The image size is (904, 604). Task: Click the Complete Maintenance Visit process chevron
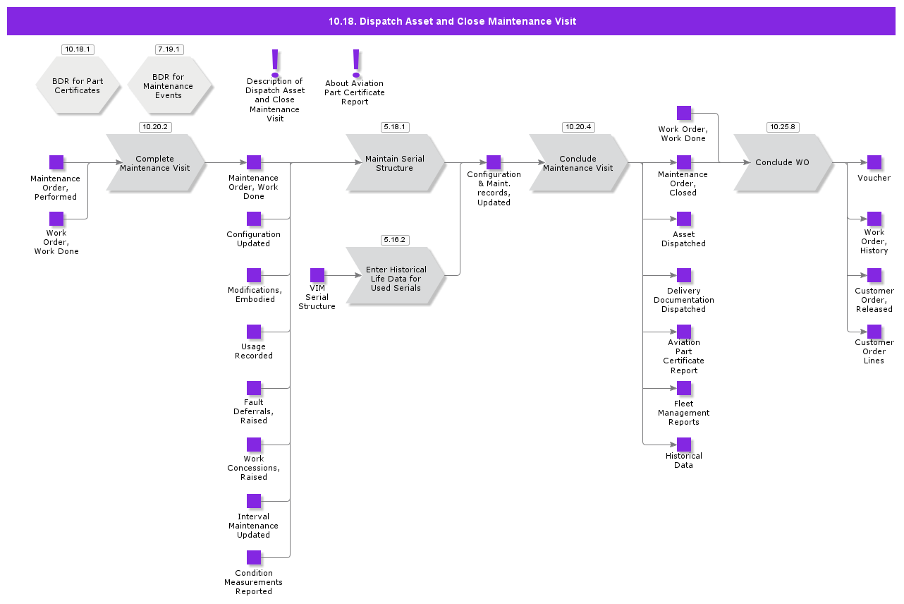[x=155, y=163]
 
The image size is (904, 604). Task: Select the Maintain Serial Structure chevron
[x=395, y=163]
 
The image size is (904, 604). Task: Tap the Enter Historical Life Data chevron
[x=395, y=275]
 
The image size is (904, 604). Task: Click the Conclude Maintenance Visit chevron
[x=578, y=163]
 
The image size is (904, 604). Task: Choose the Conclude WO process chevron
[x=783, y=163]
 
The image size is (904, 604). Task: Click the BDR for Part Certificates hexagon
[x=77, y=86]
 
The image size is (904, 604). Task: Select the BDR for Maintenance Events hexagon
[x=169, y=86]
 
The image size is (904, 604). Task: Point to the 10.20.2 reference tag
[x=155, y=127]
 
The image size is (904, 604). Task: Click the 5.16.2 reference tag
[x=395, y=240]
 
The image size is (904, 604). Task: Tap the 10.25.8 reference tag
[x=783, y=127]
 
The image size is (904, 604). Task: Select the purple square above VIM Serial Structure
[x=317, y=275]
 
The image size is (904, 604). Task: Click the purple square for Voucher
[x=874, y=162]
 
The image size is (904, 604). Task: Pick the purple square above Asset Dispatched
[x=684, y=219]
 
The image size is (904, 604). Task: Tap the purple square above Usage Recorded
[x=254, y=332]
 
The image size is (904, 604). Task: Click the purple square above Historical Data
[x=684, y=445]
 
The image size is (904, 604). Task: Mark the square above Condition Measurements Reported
[x=254, y=557]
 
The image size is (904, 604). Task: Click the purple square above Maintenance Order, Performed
[x=56, y=162]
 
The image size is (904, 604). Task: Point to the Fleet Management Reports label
[x=683, y=413]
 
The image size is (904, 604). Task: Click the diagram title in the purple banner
[x=452, y=21]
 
